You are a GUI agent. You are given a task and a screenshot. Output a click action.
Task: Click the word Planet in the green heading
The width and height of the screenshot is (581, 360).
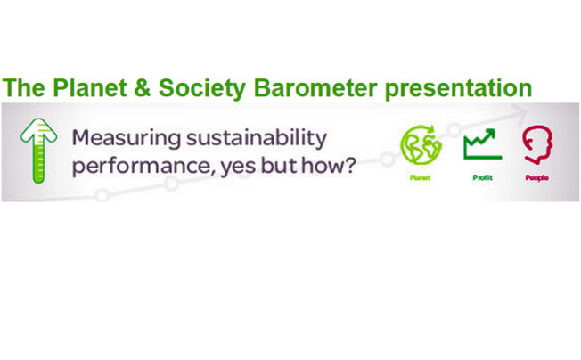click(90, 88)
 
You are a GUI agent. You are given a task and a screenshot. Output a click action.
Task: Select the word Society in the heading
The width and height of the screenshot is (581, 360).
click(202, 89)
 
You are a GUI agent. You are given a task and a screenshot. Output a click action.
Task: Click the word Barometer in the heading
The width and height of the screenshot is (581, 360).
click(315, 88)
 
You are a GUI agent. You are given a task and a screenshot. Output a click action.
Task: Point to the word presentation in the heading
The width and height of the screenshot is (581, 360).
click(458, 89)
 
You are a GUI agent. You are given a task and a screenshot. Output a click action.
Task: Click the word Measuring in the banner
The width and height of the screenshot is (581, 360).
click(127, 138)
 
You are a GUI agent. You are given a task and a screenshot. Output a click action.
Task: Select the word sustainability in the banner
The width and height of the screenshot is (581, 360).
click(257, 138)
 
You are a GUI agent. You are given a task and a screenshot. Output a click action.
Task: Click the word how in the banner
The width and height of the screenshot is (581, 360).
click(321, 165)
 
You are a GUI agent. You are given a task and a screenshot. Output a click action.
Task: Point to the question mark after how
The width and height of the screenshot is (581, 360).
click(348, 165)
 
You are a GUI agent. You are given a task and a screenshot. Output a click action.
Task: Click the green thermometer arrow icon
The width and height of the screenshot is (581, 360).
click(38, 151)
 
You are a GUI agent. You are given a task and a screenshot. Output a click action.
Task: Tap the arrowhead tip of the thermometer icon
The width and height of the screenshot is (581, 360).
click(38, 119)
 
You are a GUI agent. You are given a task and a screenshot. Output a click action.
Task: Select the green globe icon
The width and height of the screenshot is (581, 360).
click(421, 145)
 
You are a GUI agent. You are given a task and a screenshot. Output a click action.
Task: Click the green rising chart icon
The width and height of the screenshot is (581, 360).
click(482, 144)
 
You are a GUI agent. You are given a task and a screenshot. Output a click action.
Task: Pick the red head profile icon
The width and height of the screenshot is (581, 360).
click(537, 144)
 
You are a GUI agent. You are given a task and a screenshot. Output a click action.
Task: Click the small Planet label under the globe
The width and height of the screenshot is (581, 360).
click(421, 178)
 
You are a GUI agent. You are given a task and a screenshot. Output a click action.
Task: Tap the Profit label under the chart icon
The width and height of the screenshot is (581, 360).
click(482, 178)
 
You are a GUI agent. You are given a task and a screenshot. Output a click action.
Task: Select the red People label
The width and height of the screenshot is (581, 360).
click(537, 178)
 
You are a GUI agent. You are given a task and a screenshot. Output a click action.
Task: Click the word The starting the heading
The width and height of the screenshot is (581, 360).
click(24, 88)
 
